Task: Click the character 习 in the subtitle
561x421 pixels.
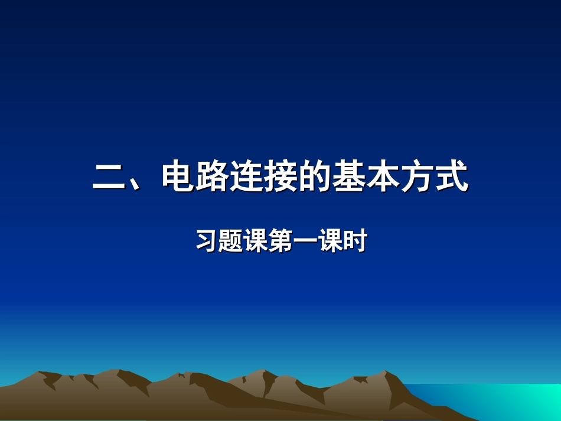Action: click(206, 242)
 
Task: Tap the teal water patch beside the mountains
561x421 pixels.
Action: click(508, 402)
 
